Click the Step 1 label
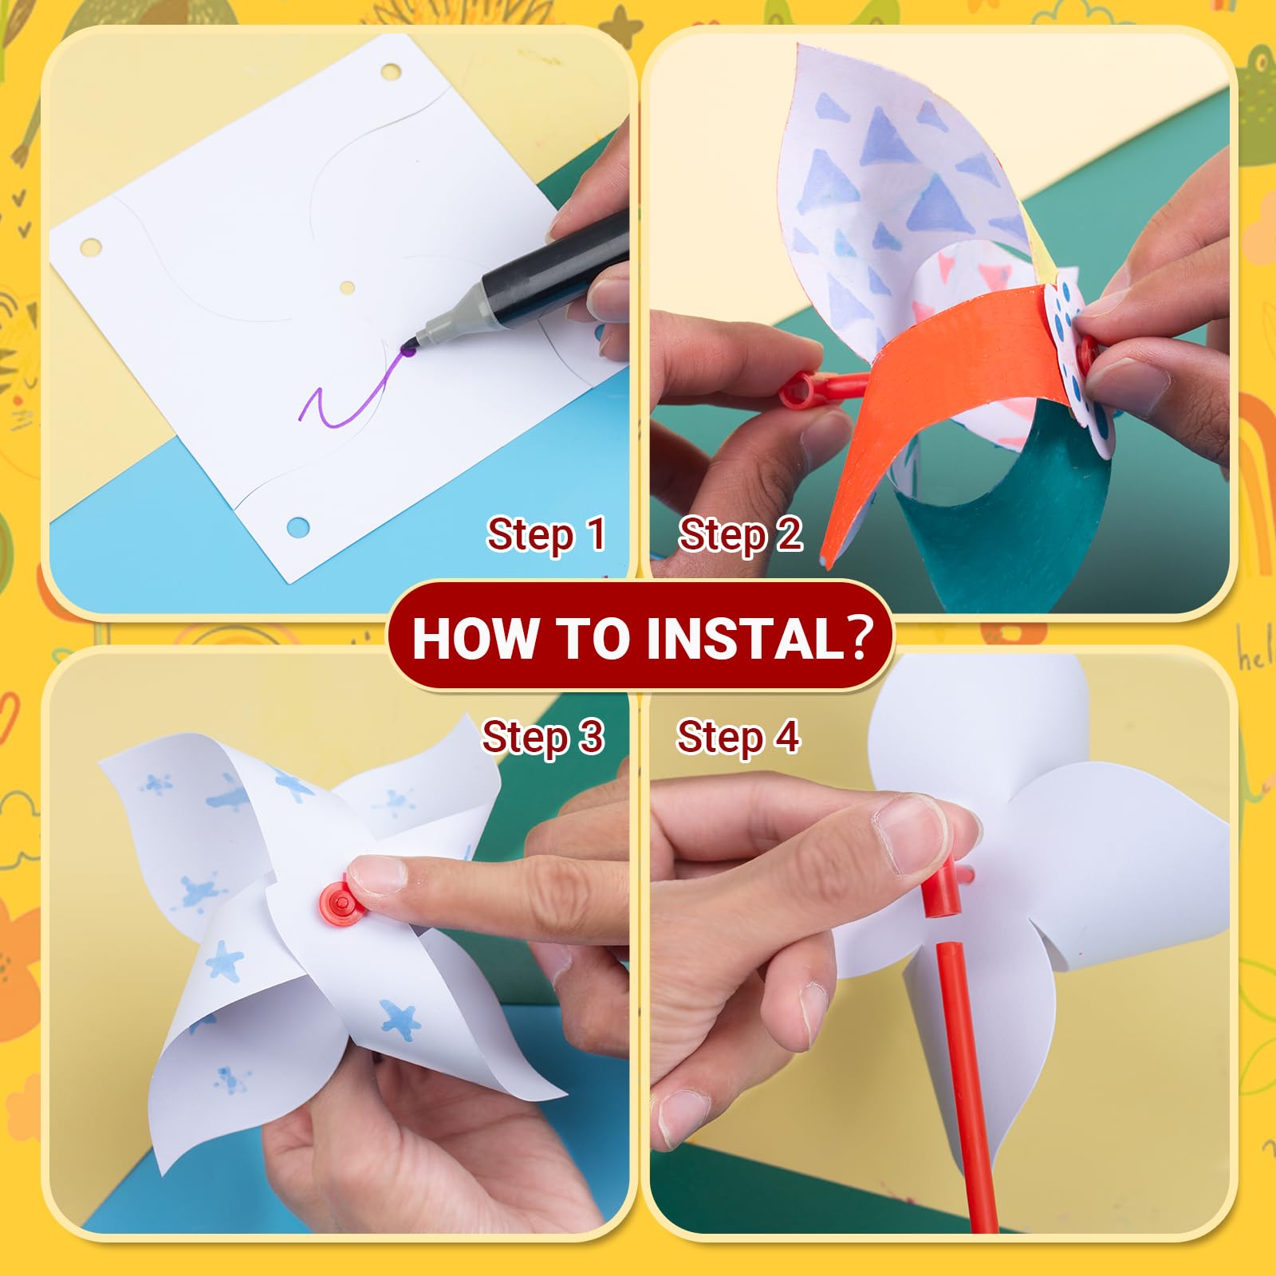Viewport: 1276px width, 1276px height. tap(547, 534)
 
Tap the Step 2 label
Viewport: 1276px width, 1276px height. tap(740, 534)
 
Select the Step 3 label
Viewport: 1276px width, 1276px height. tap(543, 737)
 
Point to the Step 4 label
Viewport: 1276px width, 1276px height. tap(738, 737)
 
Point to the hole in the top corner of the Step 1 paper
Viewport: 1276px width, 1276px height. tap(391, 73)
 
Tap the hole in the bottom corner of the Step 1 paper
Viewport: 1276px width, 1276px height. tap(297, 526)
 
